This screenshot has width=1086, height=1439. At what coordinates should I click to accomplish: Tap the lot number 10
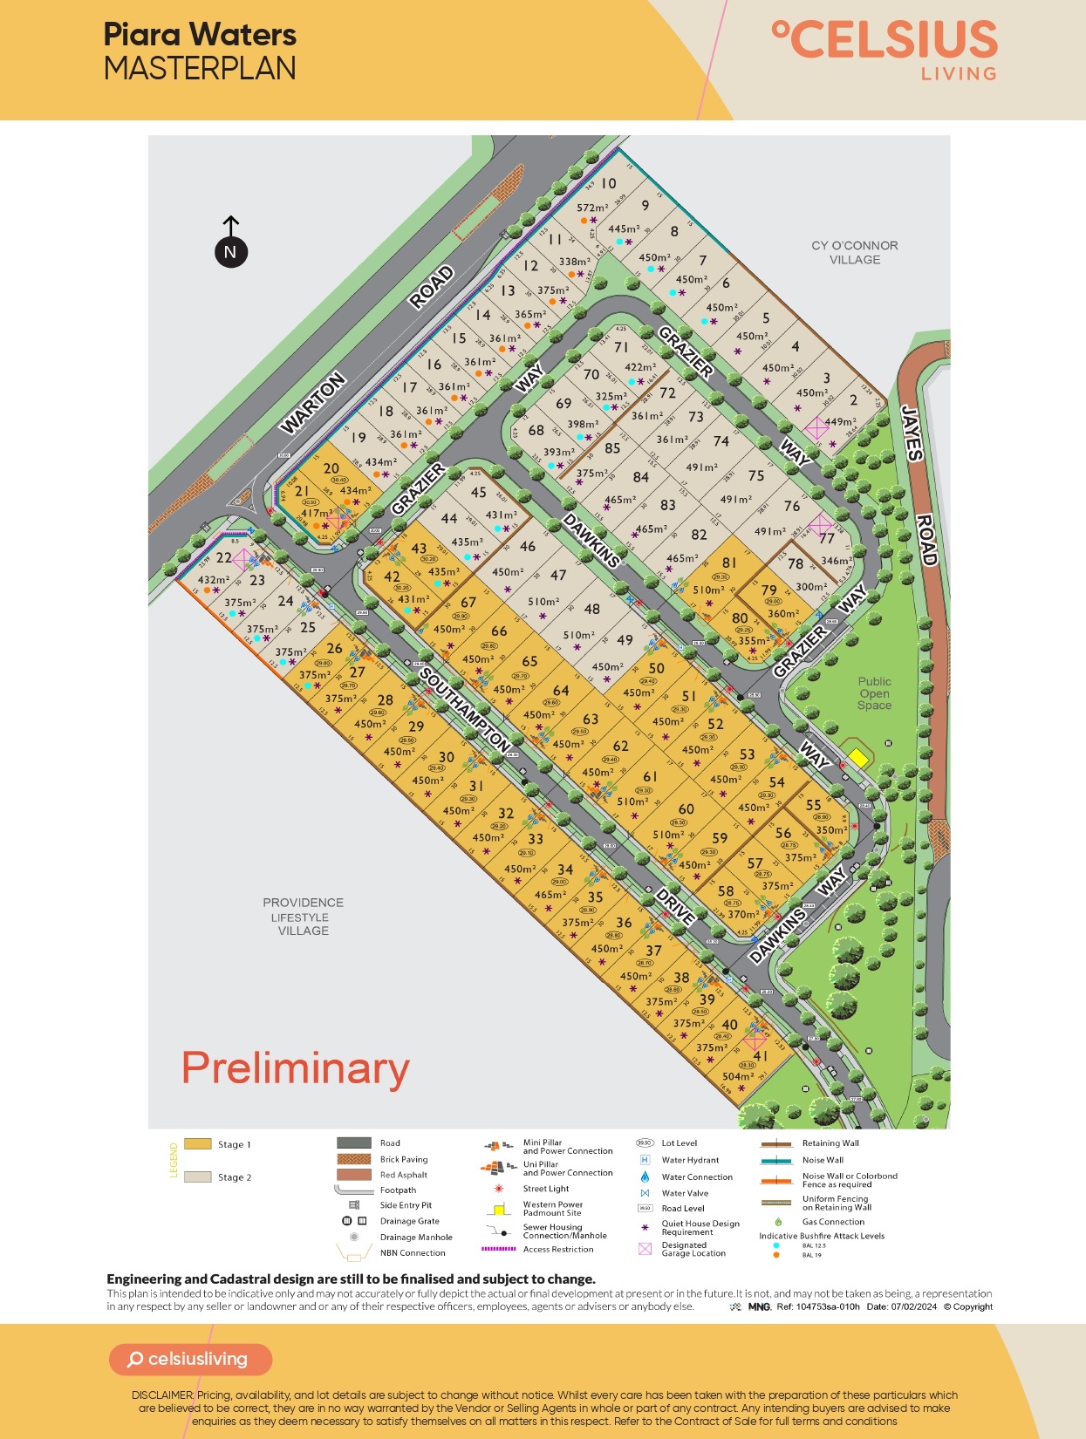click(608, 184)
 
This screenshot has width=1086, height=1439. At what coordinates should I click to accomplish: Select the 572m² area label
click(592, 208)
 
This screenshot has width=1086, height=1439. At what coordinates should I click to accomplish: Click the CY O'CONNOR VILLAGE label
click(854, 253)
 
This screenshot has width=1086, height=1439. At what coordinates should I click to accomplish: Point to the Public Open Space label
click(874, 693)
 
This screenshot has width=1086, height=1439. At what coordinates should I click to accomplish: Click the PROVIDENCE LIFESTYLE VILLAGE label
click(303, 917)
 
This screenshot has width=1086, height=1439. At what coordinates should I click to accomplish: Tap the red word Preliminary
click(295, 1068)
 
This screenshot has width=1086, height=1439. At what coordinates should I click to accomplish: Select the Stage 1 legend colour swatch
click(198, 1144)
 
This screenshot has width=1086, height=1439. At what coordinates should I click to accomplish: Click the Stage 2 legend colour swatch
click(198, 1177)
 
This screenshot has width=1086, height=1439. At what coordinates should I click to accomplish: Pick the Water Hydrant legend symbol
click(645, 1160)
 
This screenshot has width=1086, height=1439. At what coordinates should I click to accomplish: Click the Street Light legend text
click(546, 1189)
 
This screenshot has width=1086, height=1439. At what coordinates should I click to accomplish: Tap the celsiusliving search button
click(190, 1360)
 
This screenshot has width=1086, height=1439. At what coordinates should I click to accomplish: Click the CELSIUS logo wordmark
click(885, 41)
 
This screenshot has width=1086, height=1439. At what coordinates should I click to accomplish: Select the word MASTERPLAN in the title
click(200, 69)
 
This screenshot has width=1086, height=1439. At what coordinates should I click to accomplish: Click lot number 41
click(761, 1056)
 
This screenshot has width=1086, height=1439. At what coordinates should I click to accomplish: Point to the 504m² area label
click(737, 1076)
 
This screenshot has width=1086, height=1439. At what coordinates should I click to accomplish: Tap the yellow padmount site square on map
click(858, 758)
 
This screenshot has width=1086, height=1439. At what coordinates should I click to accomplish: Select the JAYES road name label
click(912, 432)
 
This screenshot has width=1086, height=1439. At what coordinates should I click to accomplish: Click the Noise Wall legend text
click(823, 1160)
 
